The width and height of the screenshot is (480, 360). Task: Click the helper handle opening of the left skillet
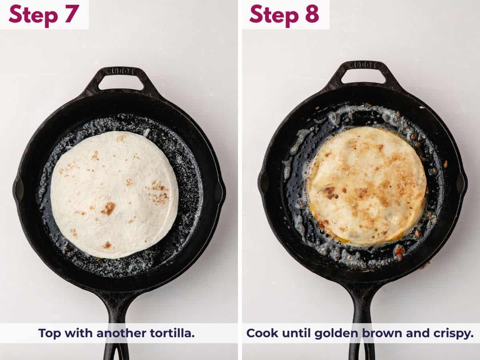(121, 83)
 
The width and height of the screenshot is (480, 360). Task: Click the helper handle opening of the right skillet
(364, 77)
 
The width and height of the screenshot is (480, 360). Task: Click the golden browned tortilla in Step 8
(366, 186)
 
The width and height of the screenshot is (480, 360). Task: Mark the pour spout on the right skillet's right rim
(461, 183)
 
